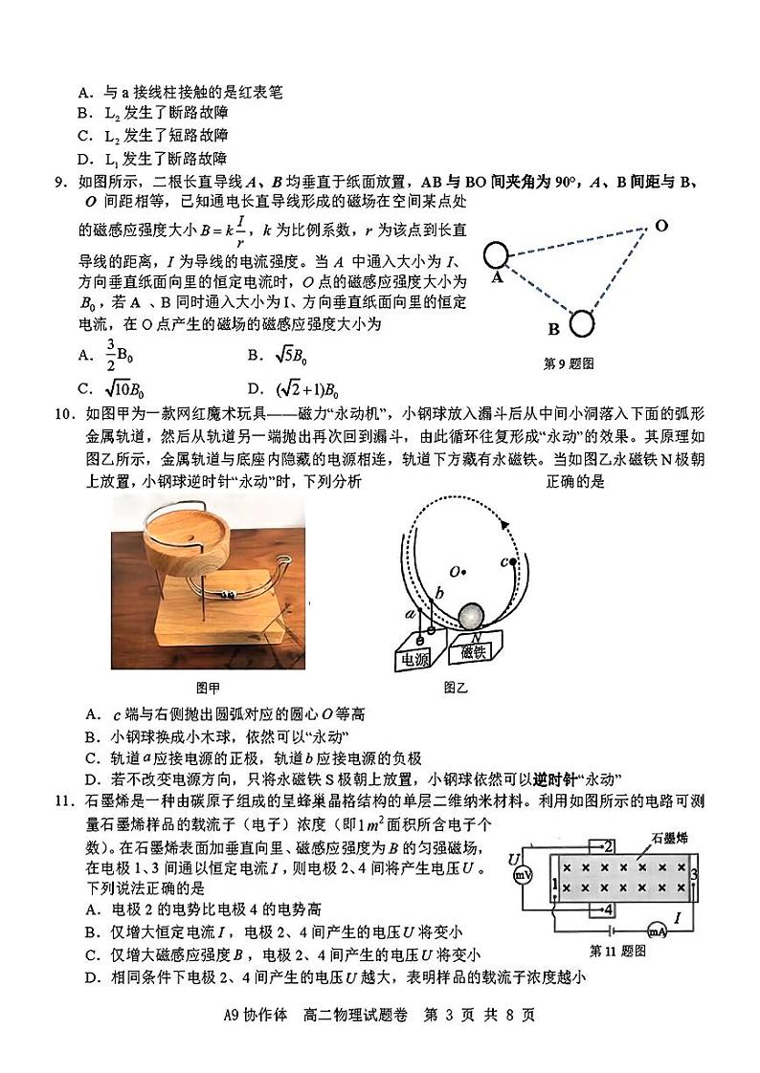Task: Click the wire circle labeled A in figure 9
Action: [496, 256]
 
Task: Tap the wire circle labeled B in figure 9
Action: [581, 324]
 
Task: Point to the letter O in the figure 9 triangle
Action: [661, 226]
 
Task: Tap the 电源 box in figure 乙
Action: [414, 657]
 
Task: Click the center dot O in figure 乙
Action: [463, 573]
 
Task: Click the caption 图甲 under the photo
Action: [207, 687]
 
